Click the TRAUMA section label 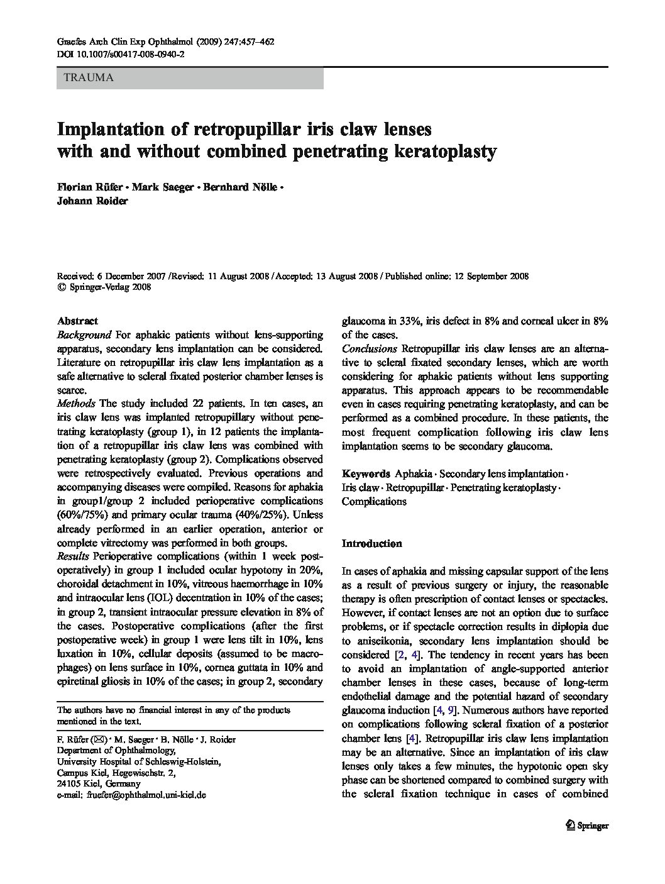coord(85,78)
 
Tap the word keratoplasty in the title coord(445,152)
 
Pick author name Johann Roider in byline coord(92,202)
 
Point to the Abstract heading coord(77,321)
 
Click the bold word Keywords coord(366,473)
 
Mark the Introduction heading coord(371,543)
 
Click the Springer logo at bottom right coord(587,826)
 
